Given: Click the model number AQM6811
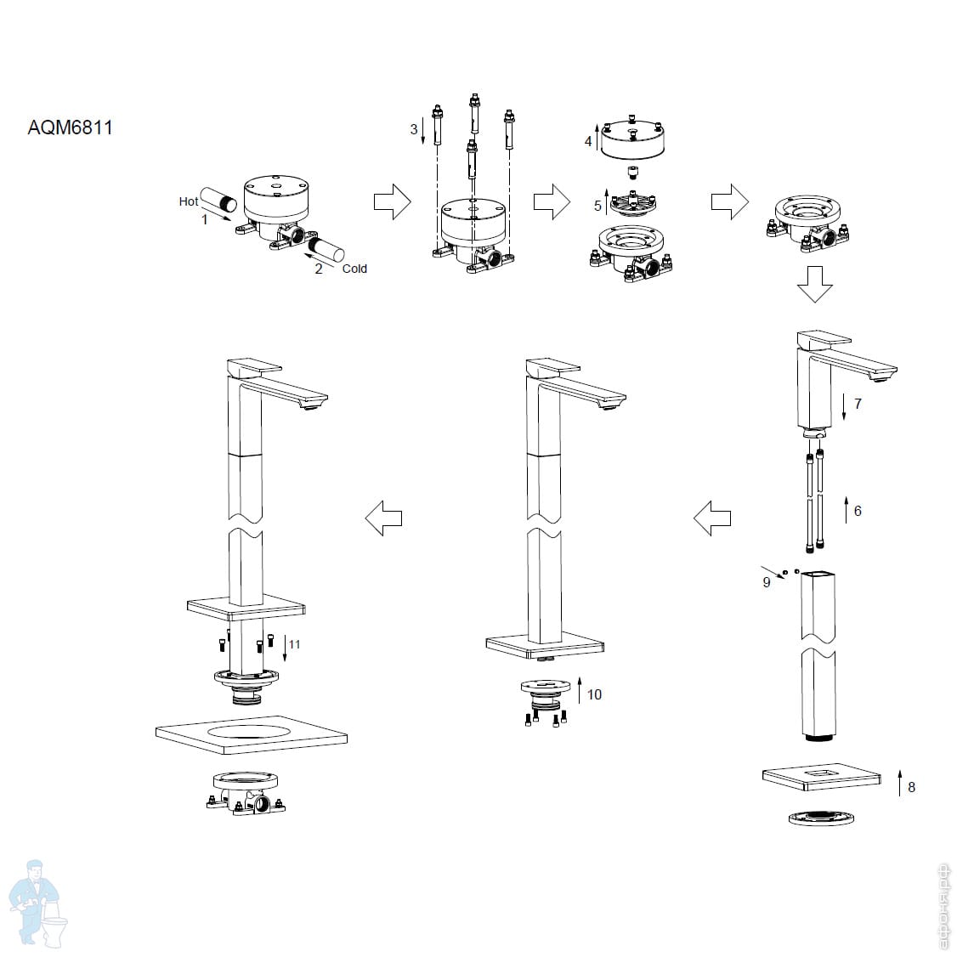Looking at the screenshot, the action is pos(71,127).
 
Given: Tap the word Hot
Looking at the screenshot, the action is pos(189,201).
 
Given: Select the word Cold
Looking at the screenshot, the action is pos(354,269).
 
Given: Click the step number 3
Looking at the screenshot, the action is pos(414,129).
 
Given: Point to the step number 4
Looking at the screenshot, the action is pos(588,142).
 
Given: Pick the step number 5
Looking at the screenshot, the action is pos(598,207).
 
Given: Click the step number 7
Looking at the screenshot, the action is pos(858,404).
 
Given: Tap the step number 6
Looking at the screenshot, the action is pos(858,511).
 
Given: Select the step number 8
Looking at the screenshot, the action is pos(911,787).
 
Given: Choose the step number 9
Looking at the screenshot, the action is pos(767,582).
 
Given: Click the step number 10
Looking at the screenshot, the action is pos(594,694).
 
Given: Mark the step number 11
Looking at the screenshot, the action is pos(295,644).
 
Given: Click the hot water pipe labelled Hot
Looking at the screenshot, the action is pos(219,199).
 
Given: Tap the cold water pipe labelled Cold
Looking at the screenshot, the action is pos(326,250).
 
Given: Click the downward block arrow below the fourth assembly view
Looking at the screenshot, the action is pos(815,284).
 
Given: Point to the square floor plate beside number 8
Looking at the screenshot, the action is pos(822,777).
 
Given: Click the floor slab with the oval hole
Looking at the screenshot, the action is pos(252,735).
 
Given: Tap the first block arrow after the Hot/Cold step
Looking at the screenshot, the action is pos(393,201).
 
